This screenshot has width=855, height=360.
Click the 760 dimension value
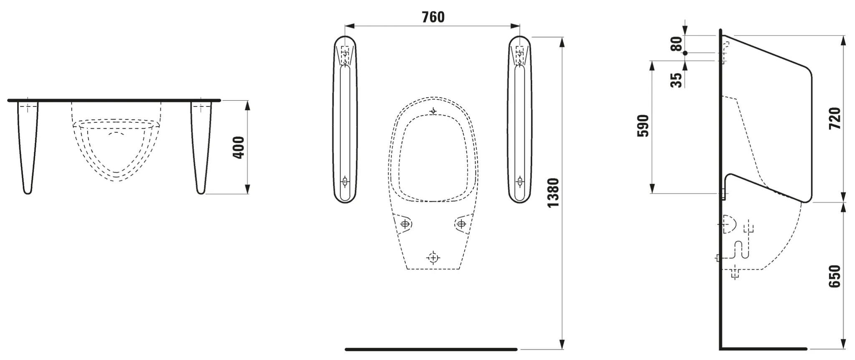(433, 17)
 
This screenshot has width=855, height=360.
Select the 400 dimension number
(238, 147)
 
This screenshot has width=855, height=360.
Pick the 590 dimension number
(643, 126)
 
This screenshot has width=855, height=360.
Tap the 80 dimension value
(676, 44)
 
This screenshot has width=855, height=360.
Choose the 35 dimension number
(676, 80)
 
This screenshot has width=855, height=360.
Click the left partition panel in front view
(345, 119)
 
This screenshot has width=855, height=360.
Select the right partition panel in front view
(520, 119)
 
